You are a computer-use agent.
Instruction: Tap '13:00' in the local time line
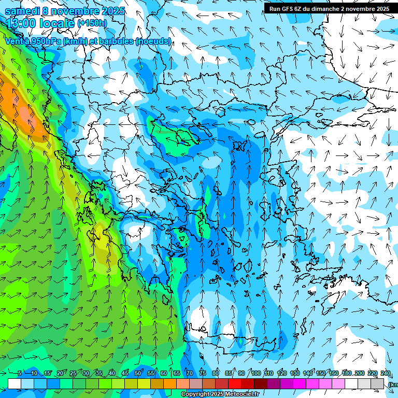tap(21, 23)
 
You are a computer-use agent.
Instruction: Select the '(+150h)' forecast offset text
tap(92, 23)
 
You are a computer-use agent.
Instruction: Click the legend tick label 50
tap(138, 373)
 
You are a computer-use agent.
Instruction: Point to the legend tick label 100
tap(255, 373)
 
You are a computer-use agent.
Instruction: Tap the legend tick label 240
tap(385, 373)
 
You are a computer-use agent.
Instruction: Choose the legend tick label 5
tap(20, 373)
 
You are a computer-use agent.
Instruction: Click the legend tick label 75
tap(203, 373)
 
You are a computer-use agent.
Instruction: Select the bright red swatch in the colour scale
tap(235, 383)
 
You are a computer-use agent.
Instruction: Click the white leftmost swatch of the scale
tap(15, 383)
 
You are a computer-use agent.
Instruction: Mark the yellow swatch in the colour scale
tap(131, 383)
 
